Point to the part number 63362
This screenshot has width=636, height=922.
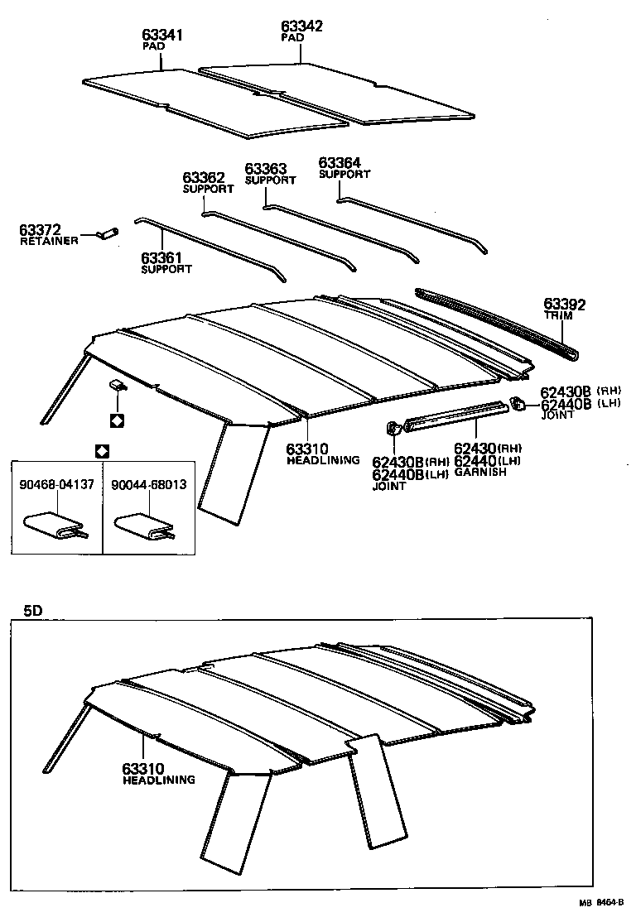point(204,178)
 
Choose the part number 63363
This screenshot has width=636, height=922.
point(266,169)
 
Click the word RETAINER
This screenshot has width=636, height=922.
point(49,241)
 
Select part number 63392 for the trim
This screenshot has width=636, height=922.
point(564,305)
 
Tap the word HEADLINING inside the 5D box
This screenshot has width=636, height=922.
point(159,780)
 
